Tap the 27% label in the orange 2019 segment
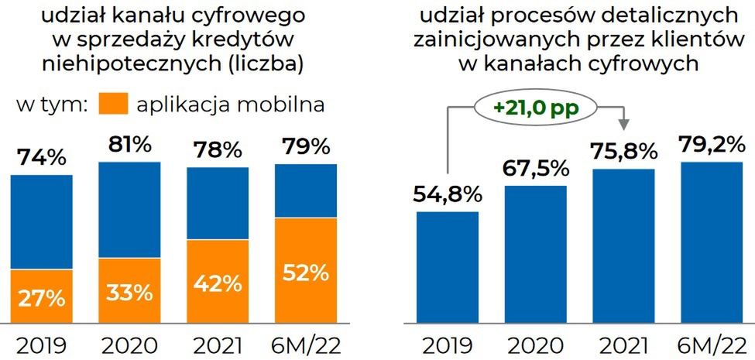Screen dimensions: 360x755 pos(41,298)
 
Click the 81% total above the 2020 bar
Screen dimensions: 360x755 pos(129,146)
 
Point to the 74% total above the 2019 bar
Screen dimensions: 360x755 pos(41,159)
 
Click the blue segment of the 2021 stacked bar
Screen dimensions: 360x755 pos(218,203)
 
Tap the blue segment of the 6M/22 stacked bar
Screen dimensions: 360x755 pos(307,191)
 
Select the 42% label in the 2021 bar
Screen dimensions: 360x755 pos(218,284)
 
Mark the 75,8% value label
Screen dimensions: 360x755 pos(624,152)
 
